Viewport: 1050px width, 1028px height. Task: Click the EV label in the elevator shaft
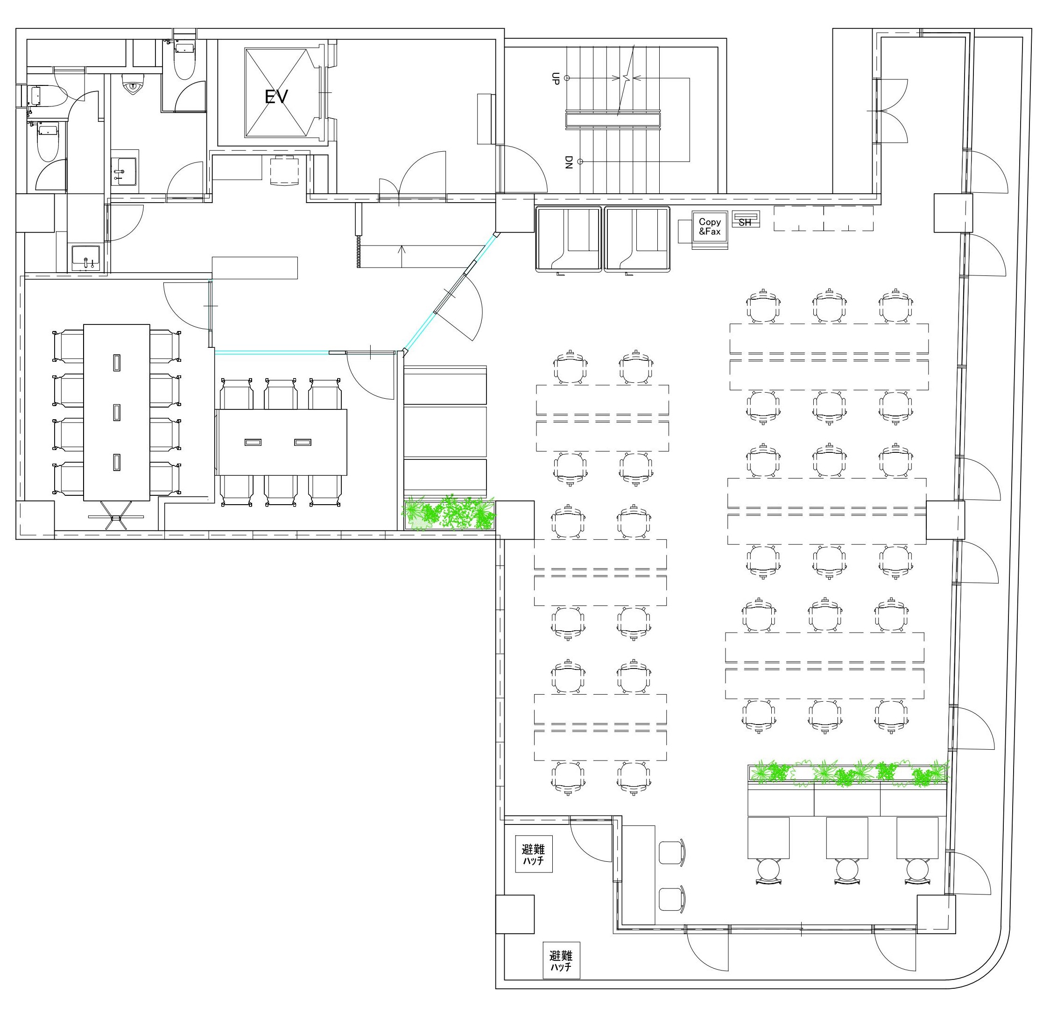[276, 97]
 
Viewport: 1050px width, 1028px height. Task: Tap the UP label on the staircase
[555, 78]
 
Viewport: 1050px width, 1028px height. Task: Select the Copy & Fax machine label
[709, 226]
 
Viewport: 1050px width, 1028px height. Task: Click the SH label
[745, 222]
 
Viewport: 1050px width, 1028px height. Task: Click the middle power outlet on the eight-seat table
[117, 412]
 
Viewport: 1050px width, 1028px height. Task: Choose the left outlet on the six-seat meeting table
[253, 442]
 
